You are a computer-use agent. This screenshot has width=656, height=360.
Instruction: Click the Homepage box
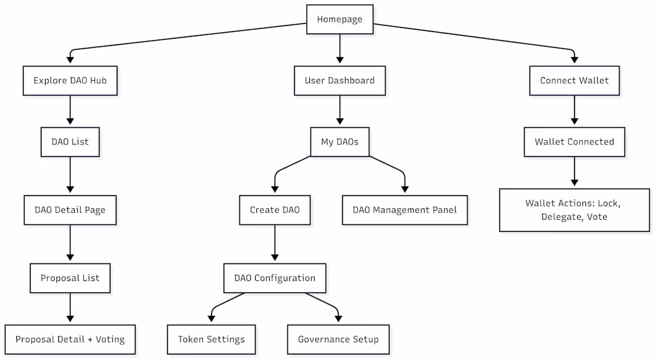[340, 19]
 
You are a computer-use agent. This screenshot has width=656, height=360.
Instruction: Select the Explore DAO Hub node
[70, 81]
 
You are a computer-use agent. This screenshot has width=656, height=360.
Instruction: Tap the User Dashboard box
[340, 81]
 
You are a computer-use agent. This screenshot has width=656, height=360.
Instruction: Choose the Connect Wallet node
[574, 81]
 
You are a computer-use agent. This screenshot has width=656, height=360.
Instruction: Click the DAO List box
[70, 142]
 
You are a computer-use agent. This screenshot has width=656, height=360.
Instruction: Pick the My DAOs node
[340, 142]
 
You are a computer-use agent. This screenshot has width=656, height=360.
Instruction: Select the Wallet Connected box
[574, 142]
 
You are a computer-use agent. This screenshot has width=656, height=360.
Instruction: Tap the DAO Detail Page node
[70, 210]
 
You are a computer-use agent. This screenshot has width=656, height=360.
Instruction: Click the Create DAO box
[275, 210]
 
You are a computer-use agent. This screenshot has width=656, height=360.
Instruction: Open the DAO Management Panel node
[405, 210]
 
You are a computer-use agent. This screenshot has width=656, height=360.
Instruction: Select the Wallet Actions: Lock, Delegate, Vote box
[574, 210]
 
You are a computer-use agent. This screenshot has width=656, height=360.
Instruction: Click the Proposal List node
[70, 278]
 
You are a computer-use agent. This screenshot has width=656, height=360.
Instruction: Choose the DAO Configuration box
[275, 278]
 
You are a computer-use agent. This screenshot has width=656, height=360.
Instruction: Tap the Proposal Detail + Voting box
[70, 339]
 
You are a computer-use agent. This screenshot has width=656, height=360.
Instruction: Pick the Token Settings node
[211, 339]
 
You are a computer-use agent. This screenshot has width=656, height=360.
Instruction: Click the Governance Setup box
[338, 339]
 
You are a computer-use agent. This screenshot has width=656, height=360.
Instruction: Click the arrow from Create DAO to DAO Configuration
[275, 244]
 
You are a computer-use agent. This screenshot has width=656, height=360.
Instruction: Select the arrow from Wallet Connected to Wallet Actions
[574, 172]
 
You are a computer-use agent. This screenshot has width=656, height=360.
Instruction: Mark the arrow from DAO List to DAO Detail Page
[70, 176]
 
